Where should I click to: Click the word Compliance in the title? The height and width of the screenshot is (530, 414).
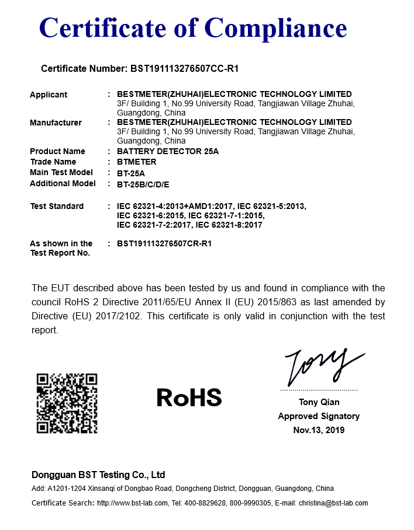coord(276,27)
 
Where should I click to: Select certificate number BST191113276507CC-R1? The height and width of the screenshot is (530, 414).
coord(184,69)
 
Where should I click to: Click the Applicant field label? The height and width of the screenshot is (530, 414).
coord(49,95)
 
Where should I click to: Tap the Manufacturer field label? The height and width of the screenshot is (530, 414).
coord(56,123)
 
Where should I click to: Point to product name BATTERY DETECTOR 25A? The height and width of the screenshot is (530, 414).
coord(168,151)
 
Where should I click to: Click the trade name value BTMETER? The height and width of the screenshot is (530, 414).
coord(137,162)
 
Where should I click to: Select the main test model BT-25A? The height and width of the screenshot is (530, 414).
coord(131,173)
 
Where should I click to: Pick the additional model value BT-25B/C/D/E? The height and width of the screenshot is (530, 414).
coord(143,184)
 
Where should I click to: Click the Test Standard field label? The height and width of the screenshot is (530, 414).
coord(57,206)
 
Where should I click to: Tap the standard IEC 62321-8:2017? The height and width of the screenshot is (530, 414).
coord(229,225)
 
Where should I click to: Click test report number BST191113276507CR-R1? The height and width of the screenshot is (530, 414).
coord(164,243)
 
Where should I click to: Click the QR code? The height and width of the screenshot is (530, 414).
coord(67,403)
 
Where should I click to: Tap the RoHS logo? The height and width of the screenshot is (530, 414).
coord(189,398)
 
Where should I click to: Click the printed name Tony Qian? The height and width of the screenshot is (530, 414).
coord(319,402)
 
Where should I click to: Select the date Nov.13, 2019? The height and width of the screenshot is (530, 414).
coord(319,430)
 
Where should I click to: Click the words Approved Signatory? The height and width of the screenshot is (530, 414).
coord(319,416)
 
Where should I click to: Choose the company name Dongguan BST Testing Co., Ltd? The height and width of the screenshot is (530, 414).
coord(98,475)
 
